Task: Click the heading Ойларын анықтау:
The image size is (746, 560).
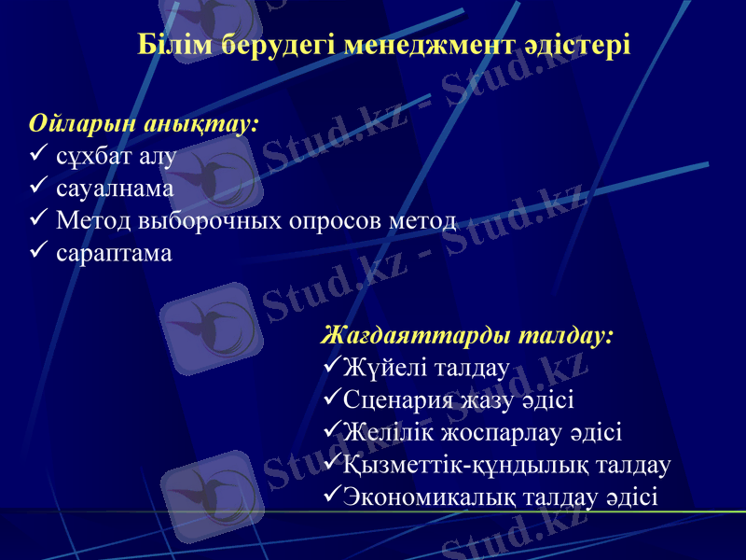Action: (145, 124)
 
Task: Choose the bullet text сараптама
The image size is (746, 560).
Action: (114, 253)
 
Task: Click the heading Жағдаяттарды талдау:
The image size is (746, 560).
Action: (467, 335)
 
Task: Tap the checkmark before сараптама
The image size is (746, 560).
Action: (38, 252)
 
